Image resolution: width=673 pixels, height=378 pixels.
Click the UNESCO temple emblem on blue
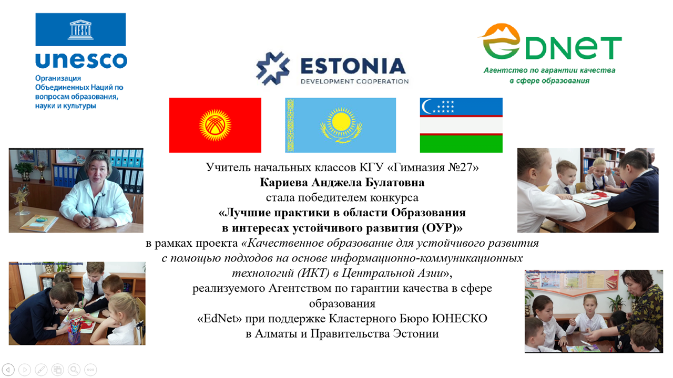[80, 30]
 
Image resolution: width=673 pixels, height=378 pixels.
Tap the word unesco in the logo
[81, 60]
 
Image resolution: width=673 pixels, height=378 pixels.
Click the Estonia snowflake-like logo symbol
[273, 68]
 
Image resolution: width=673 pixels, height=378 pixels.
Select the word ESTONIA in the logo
[353, 66]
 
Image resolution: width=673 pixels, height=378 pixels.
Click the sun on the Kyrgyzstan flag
[215, 125]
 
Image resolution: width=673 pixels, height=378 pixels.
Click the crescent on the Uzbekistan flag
[426, 107]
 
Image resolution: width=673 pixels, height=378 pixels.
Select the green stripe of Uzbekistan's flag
[461, 144]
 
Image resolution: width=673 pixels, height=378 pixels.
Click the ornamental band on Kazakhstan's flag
[290, 125]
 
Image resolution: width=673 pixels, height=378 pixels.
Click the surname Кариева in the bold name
[283, 182]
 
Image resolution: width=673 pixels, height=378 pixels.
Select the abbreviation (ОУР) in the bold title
[439, 228]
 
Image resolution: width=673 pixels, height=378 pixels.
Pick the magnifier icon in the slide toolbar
[74, 370]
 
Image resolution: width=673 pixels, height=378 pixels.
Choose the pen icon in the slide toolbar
[41, 370]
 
